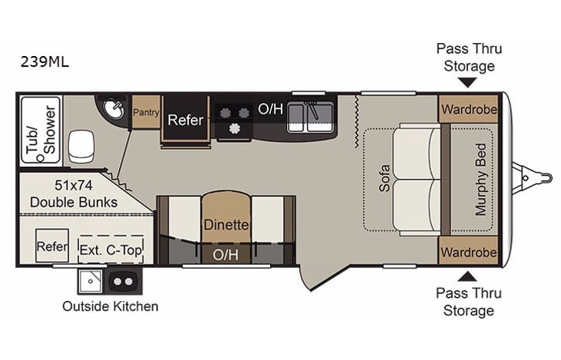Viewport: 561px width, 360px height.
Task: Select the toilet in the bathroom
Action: coord(81,143)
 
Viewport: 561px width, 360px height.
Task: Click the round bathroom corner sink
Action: coord(113,110)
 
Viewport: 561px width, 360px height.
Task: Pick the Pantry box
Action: coord(145,112)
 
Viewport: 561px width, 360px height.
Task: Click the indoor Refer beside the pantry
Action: coord(185,120)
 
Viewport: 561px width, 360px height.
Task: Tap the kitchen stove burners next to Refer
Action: coord(234,120)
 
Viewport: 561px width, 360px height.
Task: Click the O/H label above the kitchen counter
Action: coord(270,109)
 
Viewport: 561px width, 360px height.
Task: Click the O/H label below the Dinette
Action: coord(226,253)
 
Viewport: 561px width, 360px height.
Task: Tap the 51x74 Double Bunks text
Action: coord(74,193)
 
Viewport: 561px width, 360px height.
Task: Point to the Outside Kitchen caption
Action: coord(111,306)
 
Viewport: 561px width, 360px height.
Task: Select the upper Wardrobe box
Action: coord(469,109)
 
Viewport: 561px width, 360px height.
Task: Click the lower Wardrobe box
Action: coord(469,251)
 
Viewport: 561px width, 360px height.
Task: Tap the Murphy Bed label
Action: coord(481,179)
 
